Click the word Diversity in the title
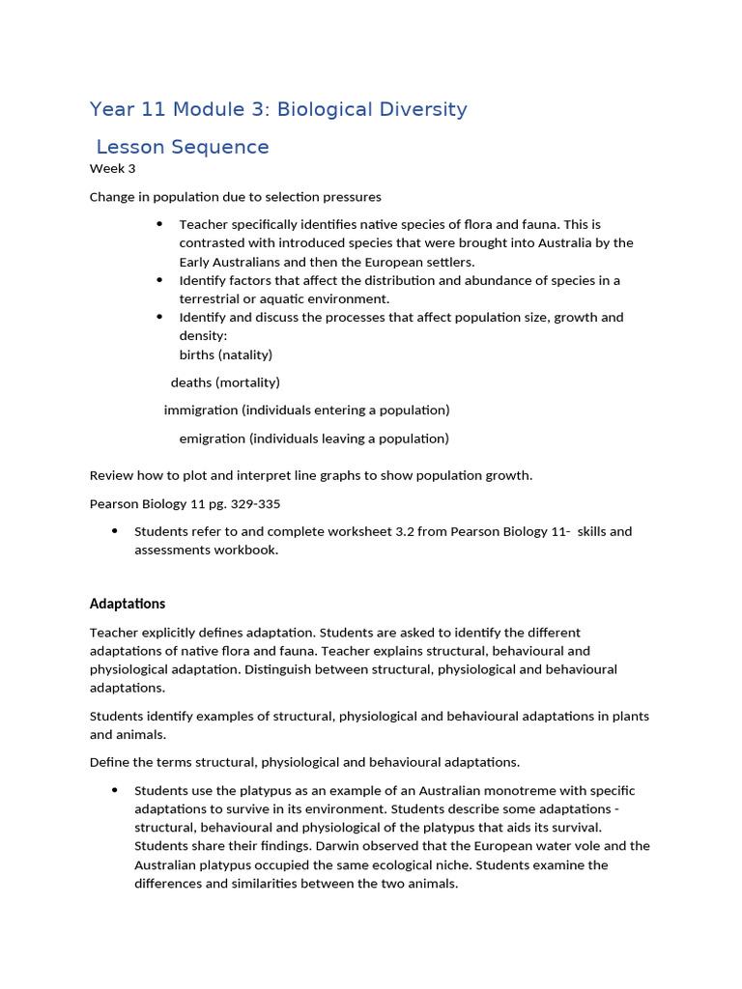click(420, 109)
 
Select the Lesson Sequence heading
click(183, 147)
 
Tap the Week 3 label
click(112, 169)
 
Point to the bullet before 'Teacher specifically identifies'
click(159, 224)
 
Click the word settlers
click(448, 262)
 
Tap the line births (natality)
click(225, 354)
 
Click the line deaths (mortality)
click(225, 382)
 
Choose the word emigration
click(212, 438)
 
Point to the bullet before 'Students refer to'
click(115, 531)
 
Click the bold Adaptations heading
click(128, 604)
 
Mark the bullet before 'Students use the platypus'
click(115, 790)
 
